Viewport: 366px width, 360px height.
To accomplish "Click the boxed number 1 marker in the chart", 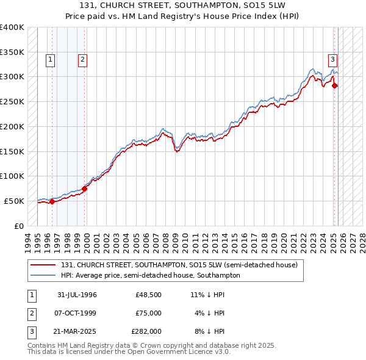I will pyautogui.click(x=49, y=60).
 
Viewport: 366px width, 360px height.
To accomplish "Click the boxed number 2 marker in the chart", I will pyautogui.click(x=82, y=60).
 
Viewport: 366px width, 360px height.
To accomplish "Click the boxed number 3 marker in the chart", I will pyautogui.click(x=332, y=60).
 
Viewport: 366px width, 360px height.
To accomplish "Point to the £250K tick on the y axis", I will pyautogui.click(x=12, y=101).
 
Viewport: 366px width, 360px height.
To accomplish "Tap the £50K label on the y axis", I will pyautogui.click(x=15, y=201).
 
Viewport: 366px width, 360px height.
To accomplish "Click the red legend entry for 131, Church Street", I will pyautogui.click(x=179, y=265).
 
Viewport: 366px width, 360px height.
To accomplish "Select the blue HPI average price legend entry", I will pyautogui.click(x=150, y=275).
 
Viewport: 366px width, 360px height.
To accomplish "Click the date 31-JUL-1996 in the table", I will pyautogui.click(x=77, y=295).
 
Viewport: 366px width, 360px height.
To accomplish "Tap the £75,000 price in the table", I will pyautogui.click(x=149, y=313).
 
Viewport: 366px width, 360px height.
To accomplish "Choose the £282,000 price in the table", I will pyautogui.click(x=147, y=331).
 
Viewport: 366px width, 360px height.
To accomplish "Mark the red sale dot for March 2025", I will pyautogui.click(x=335, y=86).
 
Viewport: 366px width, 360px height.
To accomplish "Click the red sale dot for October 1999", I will pyautogui.click(x=85, y=189).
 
